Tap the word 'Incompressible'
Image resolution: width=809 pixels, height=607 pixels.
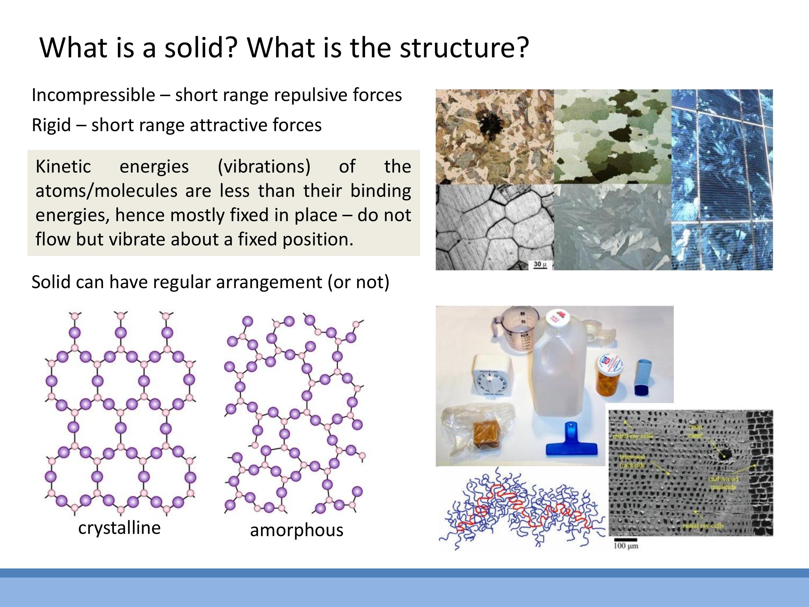[93, 95]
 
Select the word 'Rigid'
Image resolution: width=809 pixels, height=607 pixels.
[51, 125]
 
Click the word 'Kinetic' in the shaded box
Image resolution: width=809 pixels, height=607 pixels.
[63, 166]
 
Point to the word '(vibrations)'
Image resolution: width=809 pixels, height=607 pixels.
[264, 166]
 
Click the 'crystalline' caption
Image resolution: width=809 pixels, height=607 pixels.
[119, 528]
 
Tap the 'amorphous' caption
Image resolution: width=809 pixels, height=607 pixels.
[296, 530]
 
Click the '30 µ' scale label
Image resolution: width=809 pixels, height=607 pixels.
[540, 264]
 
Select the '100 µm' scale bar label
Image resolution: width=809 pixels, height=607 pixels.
[626, 546]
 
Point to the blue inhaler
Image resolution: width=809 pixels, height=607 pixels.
[643, 377]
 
